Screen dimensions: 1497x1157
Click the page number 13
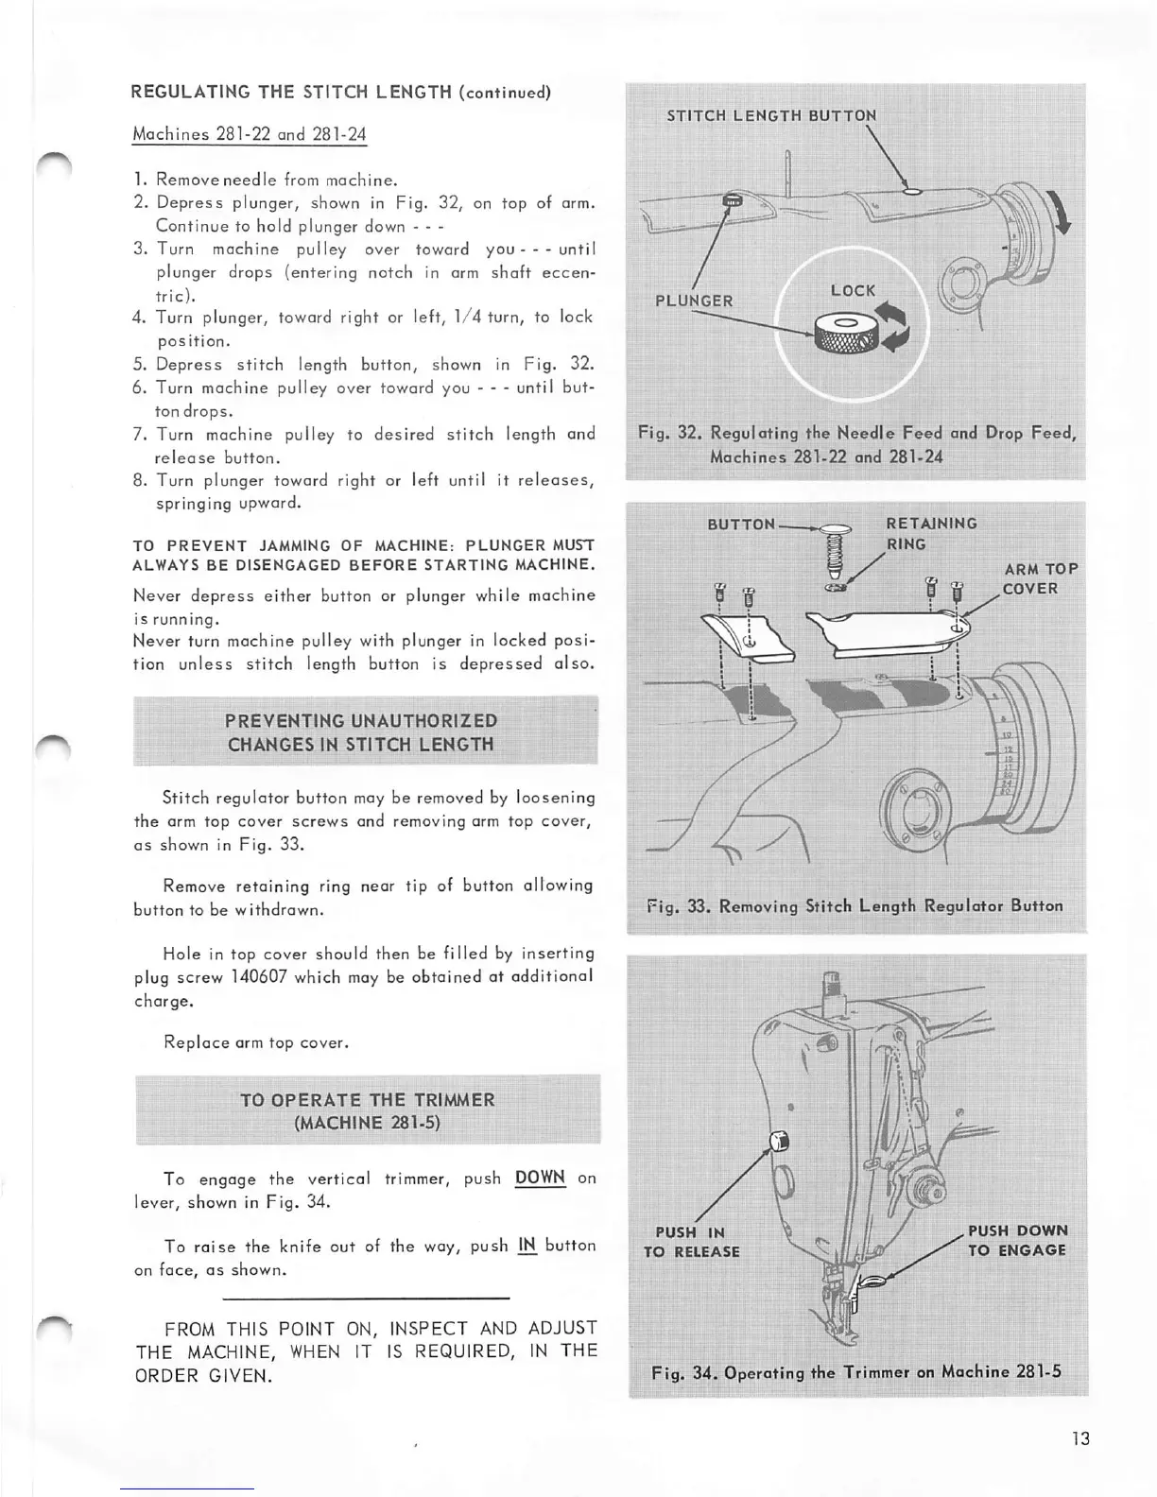coord(1080,1438)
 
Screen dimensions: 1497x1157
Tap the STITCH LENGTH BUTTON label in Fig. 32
coord(771,115)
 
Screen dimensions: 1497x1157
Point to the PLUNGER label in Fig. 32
coord(694,301)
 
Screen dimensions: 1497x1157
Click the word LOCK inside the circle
coord(853,290)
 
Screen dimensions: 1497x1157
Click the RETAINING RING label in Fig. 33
coord(931,533)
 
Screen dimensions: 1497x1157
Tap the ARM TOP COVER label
coord(1040,578)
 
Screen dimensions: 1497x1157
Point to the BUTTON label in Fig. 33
coord(741,524)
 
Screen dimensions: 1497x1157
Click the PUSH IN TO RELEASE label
coord(692,1242)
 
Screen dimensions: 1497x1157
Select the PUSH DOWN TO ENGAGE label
coord(1017,1240)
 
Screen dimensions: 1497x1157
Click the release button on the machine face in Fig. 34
coord(779,1141)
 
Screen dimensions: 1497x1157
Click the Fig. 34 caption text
coord(856,1372)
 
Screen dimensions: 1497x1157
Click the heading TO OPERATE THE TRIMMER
coord(368,1110)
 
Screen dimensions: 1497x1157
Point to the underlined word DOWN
coord(540,1178)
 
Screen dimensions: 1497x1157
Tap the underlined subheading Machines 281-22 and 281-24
coord(250,133)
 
